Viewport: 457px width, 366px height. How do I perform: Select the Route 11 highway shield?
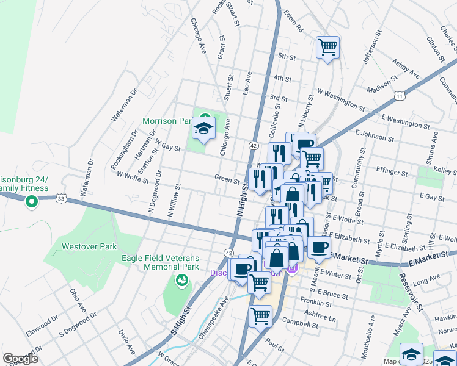(x=399, y=96)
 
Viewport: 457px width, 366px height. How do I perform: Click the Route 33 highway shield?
(x=60, y=198)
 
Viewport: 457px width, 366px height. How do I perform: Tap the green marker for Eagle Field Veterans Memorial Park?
(x=181, y=280)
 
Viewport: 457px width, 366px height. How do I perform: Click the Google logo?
(x=20, y=359)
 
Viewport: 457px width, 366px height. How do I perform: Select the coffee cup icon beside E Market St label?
(x=318, y=248)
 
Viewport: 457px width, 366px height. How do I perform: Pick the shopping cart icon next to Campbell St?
(x=260, y=316)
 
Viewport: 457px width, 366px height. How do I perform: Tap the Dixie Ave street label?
(x=126, y=343)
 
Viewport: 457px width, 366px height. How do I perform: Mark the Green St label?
(x=227, y=179)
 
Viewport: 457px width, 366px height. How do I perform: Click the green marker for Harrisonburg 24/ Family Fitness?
(x=29, y=203)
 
